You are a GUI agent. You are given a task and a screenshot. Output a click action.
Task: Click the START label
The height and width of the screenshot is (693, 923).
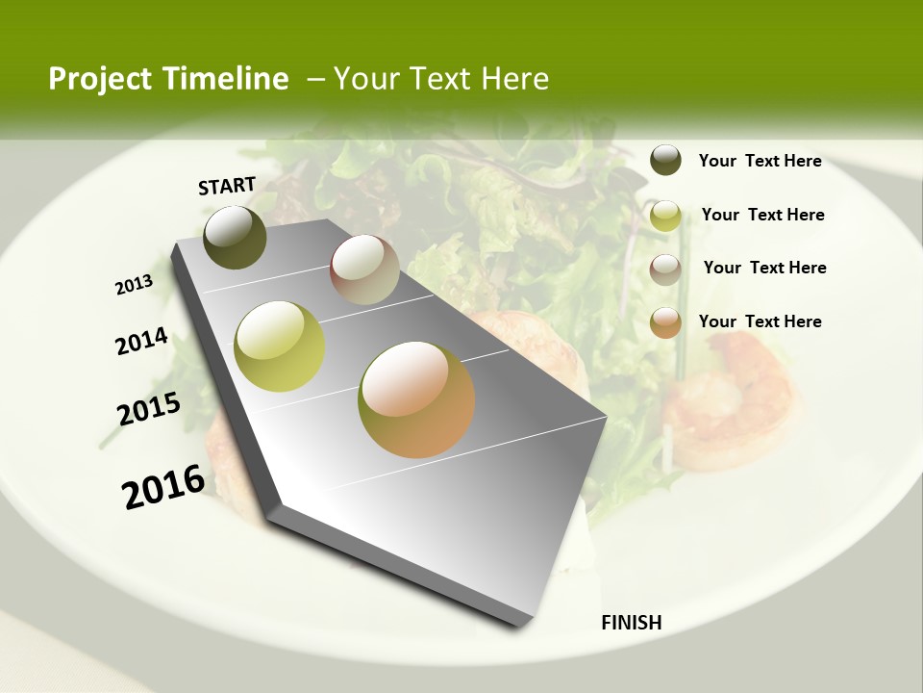pos(227,186)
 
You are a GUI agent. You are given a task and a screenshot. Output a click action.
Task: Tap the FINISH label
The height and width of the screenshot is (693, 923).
pos(631,623)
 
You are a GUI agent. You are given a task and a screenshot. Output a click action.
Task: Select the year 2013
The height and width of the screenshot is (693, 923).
pos(134,285)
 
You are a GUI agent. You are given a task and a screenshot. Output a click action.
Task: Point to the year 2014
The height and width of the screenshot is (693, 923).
pos(141,341)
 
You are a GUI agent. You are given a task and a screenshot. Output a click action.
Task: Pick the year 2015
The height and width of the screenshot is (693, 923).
pos(149,408)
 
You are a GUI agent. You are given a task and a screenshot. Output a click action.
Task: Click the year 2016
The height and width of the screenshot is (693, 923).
pos(163,486)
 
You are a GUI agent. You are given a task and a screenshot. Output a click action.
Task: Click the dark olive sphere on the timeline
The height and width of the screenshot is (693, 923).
pos(235,237)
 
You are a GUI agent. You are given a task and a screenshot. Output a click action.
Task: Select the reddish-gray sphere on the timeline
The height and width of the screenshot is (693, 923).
pos(364,269)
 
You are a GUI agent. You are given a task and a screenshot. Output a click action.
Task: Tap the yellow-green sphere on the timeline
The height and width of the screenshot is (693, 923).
pos(280,346)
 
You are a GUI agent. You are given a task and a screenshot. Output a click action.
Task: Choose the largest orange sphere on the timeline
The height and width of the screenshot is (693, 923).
pos(416,399)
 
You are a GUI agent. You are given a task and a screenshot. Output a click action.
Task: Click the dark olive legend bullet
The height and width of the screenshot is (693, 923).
pos(665,160)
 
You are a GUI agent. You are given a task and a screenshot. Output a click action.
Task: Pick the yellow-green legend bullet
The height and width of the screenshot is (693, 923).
pos(665,216)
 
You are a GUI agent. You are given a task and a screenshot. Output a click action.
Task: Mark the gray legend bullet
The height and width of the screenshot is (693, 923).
pos(665,269)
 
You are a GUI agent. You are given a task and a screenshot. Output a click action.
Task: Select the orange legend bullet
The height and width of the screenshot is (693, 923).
pos(665,322)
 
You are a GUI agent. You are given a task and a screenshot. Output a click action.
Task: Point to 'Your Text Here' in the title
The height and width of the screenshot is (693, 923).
pos(441,79)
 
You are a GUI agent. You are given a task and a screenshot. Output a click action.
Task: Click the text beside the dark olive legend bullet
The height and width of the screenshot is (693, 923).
pos(760,162)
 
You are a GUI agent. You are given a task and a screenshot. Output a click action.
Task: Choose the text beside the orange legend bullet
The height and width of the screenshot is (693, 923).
pos(760,321)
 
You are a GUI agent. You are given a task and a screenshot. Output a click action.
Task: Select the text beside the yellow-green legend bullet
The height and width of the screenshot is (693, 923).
pos(762,215)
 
